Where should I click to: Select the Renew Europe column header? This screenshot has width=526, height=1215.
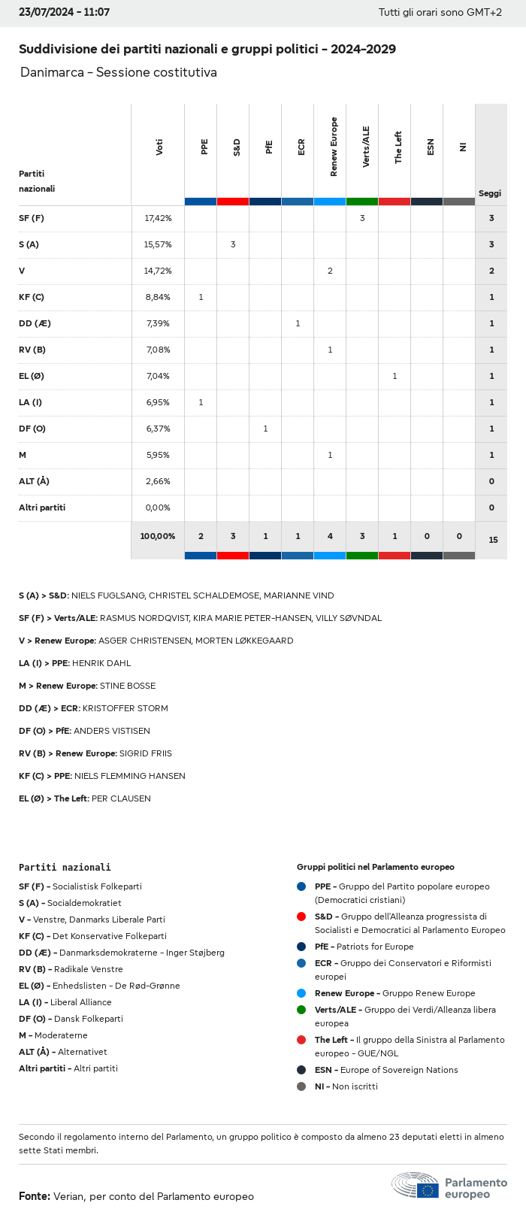(334, 147)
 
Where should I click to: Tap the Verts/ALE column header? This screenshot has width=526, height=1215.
(366, 147)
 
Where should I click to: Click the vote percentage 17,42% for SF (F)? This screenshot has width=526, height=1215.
(158, 218)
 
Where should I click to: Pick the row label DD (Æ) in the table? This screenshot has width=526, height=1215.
(35, 323)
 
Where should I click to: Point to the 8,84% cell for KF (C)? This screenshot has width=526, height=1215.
(158, 297)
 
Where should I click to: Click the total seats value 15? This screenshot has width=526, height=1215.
(492, 540)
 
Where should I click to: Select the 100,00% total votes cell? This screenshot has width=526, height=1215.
(158, 536)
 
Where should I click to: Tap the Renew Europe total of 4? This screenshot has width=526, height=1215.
(330, 536)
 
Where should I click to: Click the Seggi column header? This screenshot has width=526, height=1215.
(490, 193)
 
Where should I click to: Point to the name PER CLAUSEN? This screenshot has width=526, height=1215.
(121, 798)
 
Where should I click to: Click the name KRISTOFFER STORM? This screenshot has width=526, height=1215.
(125, 708)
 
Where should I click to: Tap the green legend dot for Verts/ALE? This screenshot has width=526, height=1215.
(301, 1010)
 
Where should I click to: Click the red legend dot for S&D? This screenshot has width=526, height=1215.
(301, 917)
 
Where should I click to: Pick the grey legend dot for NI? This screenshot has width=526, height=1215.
(301, 1086)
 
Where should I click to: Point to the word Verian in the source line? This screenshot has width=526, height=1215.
(68, 1196)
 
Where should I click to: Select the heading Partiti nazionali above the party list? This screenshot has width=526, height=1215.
(65, 867)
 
